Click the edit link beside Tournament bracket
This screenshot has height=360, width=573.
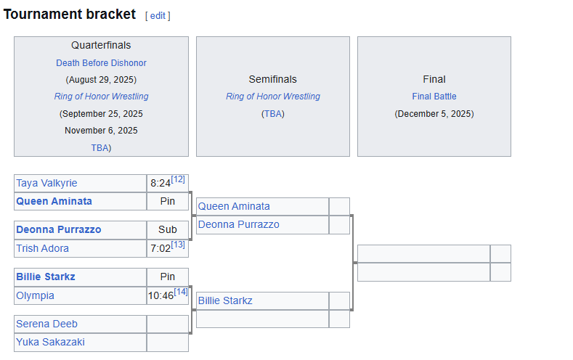pos(158,15)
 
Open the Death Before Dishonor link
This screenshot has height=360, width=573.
pos(101,63)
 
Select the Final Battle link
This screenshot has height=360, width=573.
pos(434,97)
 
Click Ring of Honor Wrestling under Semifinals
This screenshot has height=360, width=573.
pos(272,97)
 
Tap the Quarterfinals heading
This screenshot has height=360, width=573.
pos(101,46)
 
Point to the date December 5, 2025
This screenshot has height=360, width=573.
pos(434,113)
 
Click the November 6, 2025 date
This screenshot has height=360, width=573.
pos(101,131)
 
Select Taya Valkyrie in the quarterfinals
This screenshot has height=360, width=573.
pos(46,183)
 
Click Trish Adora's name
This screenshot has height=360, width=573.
pos(43,248)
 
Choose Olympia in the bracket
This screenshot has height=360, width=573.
pos(35,295)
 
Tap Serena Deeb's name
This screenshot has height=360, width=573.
pos(46,324)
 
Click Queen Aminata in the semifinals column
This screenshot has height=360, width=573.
pos(234,206)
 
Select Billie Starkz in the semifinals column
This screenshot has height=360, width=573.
pos(225,300)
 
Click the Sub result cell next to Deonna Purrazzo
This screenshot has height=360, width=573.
pos(167,229)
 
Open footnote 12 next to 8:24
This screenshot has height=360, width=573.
pos(178,179)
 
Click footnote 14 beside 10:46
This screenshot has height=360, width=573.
pos(180,292)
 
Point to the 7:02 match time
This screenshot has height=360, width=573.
pos(160,249)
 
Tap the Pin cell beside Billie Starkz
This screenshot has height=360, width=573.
pos(167,277)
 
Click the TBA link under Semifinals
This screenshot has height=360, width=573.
pos(273,114)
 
